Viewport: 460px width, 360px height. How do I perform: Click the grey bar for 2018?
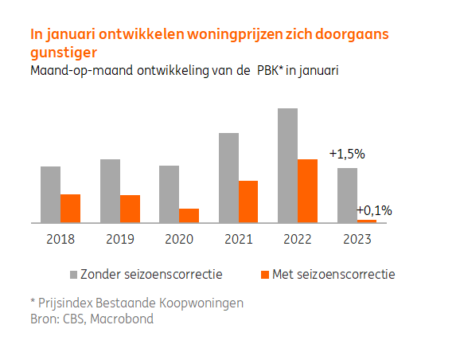pyautogui.click(x=51, y=194)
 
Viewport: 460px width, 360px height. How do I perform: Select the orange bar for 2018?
pyautogui.click(x=70, y=209)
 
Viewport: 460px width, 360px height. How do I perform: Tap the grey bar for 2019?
pyautogui.click(x=110, y=191)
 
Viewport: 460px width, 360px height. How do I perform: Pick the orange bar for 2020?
pyautogui.click(x=189, y=216)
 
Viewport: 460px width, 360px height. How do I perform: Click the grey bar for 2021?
pyautogui.click(x=229, y=178)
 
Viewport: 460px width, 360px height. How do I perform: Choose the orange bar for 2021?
pyautogui.click(x=248, y=202)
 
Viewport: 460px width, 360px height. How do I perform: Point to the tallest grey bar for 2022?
pyautogui.click(x=288, y=166)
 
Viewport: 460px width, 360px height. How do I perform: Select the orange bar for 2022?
pyautogui.click(x=307, y=191)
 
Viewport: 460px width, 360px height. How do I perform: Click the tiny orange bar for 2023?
pyautogui.click(x=367, y=221)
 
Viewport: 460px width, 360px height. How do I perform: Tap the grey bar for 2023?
pyautogui.click(x=347, y=196)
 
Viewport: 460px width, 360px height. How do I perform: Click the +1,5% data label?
pyautogui.click(x=346, y=154)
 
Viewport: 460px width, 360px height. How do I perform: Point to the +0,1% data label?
pyautogui.click(x=374, y=210)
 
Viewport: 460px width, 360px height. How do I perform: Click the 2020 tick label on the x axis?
pyautogui.click(x=178, y=237)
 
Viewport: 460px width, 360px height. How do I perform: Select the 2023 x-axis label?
pyautogui.click(x=356, y=237)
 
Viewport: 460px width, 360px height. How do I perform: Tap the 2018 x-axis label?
pyautogui.click(x=60, y=237)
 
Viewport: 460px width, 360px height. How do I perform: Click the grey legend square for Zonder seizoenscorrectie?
pyautogui.click(x=73, y=275)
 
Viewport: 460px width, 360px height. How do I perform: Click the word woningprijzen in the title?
pyautogui.click(x=203, y=35)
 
